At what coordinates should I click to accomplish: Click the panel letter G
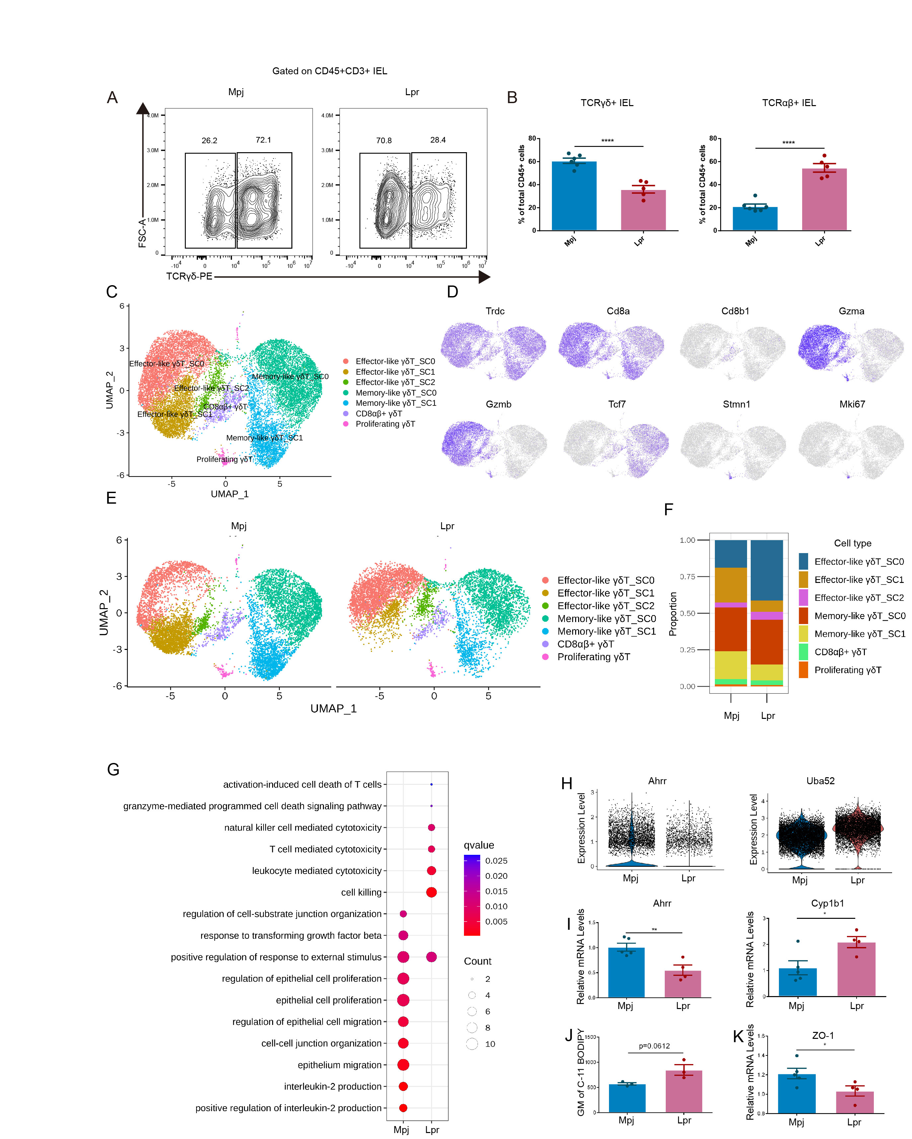point(113,769)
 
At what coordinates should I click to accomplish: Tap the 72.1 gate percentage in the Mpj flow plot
point(263,140)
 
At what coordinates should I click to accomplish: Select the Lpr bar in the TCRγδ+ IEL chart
point(643,210)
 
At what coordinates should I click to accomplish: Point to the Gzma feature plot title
point(851,311)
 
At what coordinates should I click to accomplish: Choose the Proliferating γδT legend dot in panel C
point(346,424)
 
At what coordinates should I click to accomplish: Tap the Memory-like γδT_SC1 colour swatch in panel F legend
point(803,633)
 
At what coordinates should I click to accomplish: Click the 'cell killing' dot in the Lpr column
point(431,892)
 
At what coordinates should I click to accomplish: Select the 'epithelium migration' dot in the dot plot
point(403,1065)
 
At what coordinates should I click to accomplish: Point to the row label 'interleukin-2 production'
point(333,1086)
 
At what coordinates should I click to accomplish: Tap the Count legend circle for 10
point(472,1044)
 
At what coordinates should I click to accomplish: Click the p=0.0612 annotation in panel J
point(654,1046)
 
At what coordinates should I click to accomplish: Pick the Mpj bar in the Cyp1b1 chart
point(797,982)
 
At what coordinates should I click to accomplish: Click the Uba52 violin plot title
point(820,781)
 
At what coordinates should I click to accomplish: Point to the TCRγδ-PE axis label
point(189,276)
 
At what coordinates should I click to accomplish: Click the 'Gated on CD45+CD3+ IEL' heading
point(329,71)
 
